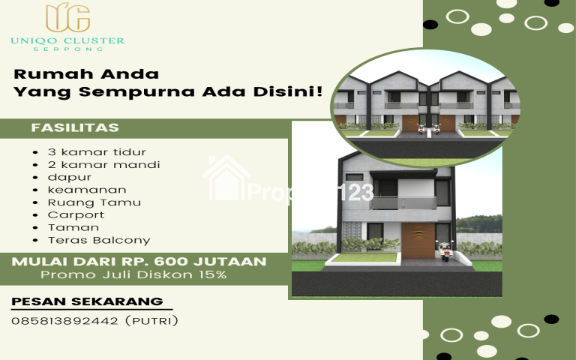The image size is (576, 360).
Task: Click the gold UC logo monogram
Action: pos(68,18)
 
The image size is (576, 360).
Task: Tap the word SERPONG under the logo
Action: pos(68,49)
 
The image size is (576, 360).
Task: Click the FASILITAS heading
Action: pos(75,127)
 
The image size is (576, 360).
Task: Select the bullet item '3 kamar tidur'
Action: pos(97,152)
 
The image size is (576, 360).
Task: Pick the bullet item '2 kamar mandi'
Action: pos(104,164)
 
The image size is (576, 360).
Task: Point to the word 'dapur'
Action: pos(70,178)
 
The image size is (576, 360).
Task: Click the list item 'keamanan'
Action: pos(87,190)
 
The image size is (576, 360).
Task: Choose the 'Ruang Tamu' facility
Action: pos(94,202)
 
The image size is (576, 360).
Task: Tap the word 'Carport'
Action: pos(76,215)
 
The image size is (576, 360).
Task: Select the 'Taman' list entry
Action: pos(73,228)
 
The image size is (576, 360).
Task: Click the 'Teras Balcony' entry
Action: pos(99,241)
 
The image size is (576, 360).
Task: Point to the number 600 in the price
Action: pos(169,262)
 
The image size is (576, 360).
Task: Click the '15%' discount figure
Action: pos(213,274)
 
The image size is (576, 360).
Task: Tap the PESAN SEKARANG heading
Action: pos(88,301)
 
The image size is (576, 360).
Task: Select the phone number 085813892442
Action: pos(64,321)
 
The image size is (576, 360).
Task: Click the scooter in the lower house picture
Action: pos(445,250)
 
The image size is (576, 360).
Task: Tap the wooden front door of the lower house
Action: pos(418,241)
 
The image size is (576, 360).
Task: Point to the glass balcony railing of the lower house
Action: pos(403,202)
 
